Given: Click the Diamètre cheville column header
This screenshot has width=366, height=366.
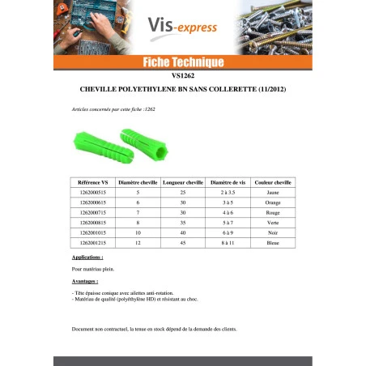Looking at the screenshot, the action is click(138, 184).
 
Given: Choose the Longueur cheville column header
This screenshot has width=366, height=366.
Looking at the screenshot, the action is click(183, 184).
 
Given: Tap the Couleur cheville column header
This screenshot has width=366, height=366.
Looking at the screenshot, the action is click(273, 184).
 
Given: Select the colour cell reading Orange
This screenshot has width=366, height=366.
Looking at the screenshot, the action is click(273, 204).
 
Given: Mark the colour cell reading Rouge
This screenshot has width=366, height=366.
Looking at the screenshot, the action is click(273, 213).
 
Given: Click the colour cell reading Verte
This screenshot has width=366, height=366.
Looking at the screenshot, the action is click(273, 223).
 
